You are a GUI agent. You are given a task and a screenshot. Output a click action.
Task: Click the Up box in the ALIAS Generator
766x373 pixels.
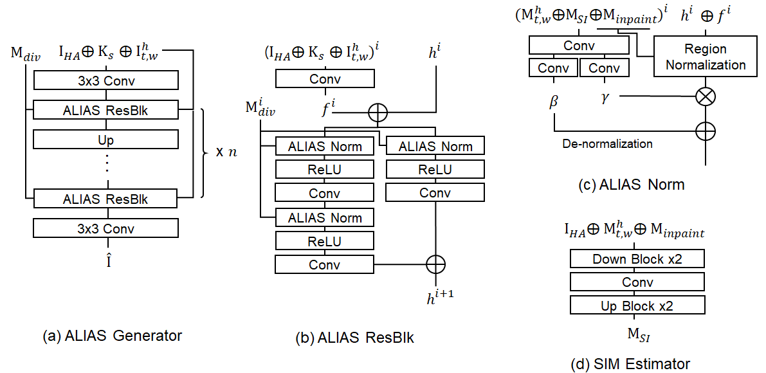point(105,140)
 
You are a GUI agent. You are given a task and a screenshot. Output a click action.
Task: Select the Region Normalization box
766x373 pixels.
point(706,57)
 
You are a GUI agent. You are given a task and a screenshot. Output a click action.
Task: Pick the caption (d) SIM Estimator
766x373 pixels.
point(630,364)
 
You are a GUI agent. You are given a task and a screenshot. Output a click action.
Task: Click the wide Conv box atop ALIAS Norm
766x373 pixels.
point(579,46)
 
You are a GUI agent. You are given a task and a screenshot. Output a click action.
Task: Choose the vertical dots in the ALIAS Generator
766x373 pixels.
point(106,164)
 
